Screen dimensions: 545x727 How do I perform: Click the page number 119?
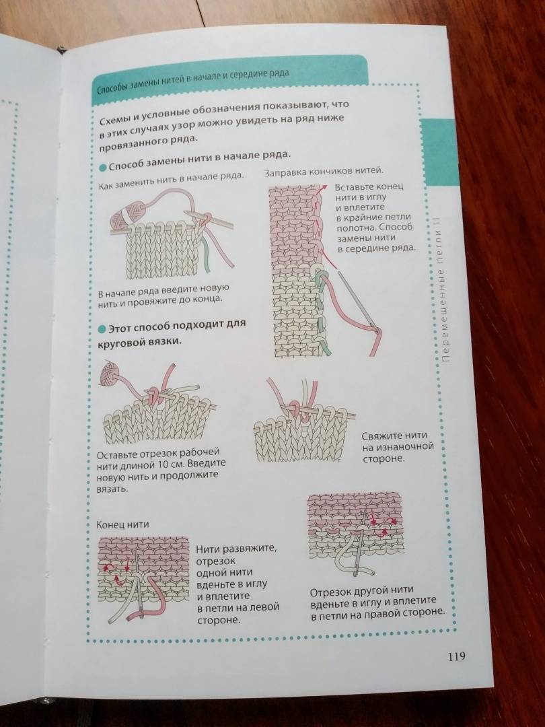(456, 656)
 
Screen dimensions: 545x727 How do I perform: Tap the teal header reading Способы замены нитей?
(230, 74)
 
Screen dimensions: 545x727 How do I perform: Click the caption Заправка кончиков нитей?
(324, 172)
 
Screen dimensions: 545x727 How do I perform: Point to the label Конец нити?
(123, 524)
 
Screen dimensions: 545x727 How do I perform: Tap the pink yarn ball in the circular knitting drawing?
(109, 373)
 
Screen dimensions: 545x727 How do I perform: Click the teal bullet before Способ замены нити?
(103, 167)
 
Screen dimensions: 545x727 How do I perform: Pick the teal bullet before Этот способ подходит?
(102, 330)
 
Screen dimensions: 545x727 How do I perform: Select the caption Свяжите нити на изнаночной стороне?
(397, 447)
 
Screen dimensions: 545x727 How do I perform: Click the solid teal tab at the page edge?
(439, 151)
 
